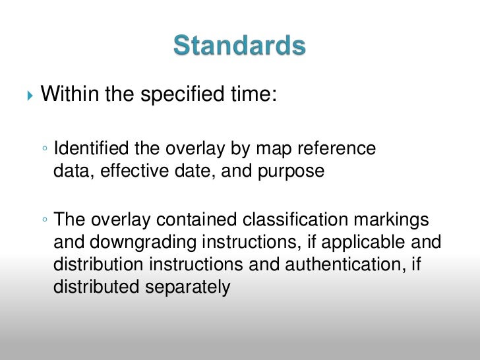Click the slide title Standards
(x=239, y=47)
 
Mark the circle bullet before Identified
(x=44, y=149)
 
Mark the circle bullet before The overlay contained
(x=44, y=219)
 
